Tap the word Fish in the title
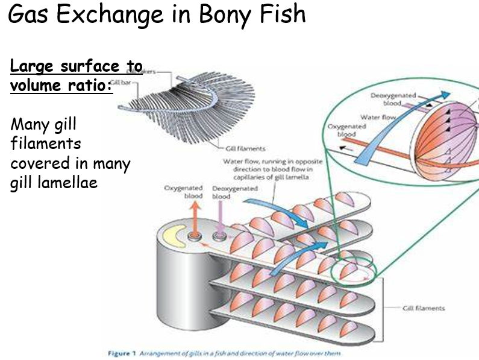[x=277, y=16]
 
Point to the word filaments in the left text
[x=46, y=145]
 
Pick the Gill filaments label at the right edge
[x=424, y=308]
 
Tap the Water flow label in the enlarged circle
[x=378, y=117]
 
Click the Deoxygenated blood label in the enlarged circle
[x=390, y=99]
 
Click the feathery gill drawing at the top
[x=199, y=109]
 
